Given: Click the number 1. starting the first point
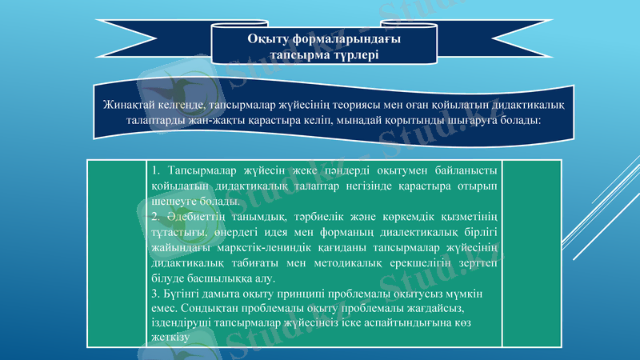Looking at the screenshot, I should point(157,171).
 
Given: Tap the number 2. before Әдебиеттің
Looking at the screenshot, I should point(157,217).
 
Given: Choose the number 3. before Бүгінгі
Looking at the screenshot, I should point(155,294).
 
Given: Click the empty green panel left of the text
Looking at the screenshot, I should point(117,253).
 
